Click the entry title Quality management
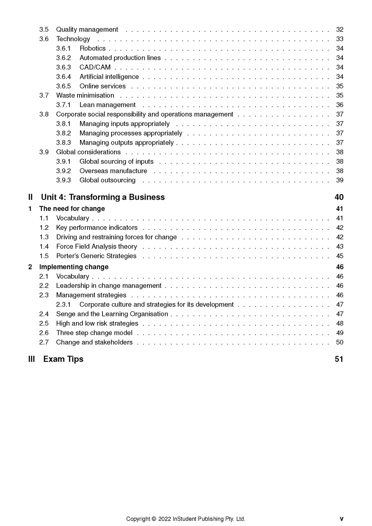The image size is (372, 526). pyautogui.click(x=87, y=30)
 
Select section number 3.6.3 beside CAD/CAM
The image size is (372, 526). pyautogui.click(x=64, y=67)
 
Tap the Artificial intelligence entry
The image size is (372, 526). pyautogui.click(x=109, y=77)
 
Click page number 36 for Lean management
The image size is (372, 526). pyautogui.click(x=340, y=105)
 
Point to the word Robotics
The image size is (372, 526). pyautogui.click(x=92, y=48)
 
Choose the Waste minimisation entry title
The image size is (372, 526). pyautogui.click(x=85, y=96)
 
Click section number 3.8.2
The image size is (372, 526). pyautogui.click(x=64, y=133)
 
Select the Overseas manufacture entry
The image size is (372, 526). pyautogui.click(x=113, y=171)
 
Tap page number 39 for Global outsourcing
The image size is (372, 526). pyautogui.click(x=340, y=181)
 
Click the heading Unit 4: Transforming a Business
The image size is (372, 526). pyautogui.click(x=103, y=197)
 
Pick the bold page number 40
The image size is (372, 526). pyautogui.click(x=339, y=197)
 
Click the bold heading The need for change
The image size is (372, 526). pyautogui.click(x=72, y=209)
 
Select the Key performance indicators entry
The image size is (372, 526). pyautogui.click(x=97, y=228)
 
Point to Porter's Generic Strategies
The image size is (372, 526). pyautogui.click(x=96, y=256)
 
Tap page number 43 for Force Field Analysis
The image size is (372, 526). pyautogui.click(x=340, y=247)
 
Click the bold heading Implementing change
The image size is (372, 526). pyautogui.click(x=74, y=267)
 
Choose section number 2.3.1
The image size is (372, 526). pyautogui.click(x=64, y=305)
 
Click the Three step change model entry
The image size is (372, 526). pyautogui.click(x=94, y=333)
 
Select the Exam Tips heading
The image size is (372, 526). pyautogui.click(x=63, y=359)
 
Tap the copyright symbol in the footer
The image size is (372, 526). pyautogui.click(x=154, y=519)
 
